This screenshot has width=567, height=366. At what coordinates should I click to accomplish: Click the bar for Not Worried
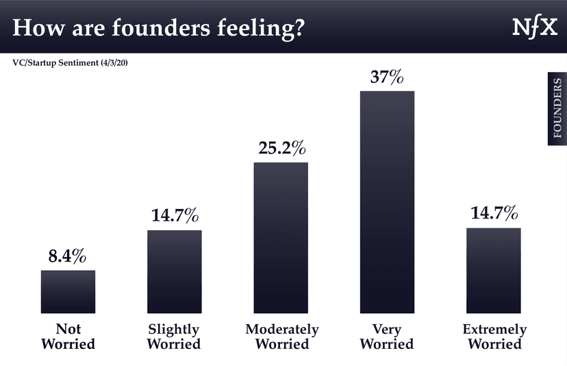click(x=68, y=291)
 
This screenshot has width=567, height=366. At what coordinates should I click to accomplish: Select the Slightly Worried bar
click(x=175, y=271)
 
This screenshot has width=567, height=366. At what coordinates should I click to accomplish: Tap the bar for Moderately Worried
click(x=281, y=237)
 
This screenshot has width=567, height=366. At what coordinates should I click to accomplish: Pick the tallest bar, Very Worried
click(x=387, y=202)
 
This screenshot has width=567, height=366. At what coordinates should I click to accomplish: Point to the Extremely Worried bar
click(x=494, y=270)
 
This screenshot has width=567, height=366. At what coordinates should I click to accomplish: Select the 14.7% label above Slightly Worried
click(x=175, y=217)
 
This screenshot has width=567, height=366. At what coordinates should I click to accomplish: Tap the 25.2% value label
click(x=281, y=148)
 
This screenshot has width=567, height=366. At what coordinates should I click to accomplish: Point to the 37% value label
click(x=387, y=77)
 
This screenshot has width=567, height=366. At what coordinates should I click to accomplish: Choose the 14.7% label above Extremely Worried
click(x=493, y=214)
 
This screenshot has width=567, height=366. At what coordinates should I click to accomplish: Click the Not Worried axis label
click(x=67, y=336)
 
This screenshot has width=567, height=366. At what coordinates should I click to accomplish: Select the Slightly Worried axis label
click(x=174, y=336)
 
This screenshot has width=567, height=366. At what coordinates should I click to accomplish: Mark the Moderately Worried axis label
click(x=282, y=336)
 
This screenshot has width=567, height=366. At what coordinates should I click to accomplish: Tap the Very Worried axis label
click(x=387, y=336)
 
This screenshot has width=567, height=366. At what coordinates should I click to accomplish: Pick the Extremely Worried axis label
click(x=494, y=337)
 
